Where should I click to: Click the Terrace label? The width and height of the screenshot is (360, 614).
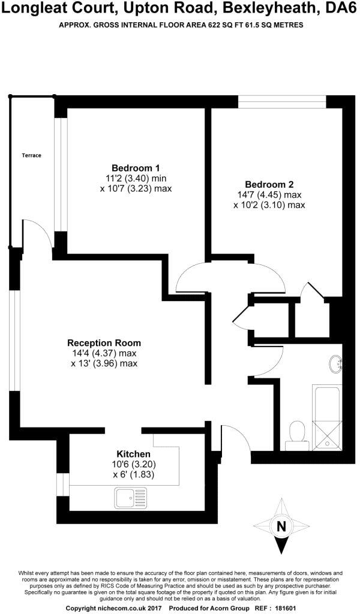(x=31, y=155)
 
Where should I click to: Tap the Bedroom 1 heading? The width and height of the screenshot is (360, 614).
(x=136, y=167)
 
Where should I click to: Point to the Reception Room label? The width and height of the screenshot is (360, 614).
(x=104, y=343)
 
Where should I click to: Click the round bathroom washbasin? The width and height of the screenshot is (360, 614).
(x=335, y=363)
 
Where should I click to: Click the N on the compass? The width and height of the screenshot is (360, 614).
(x=280, y=527)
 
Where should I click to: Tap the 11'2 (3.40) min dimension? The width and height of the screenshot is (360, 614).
(x=136, y=177)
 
